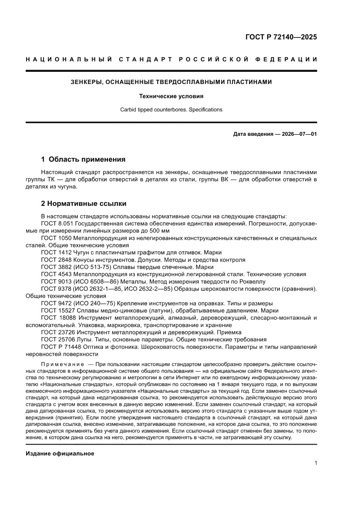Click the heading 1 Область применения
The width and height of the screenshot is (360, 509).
point(83,159)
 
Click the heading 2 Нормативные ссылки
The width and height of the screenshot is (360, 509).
point(84,203)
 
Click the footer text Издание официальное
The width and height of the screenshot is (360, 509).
point(60,454)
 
